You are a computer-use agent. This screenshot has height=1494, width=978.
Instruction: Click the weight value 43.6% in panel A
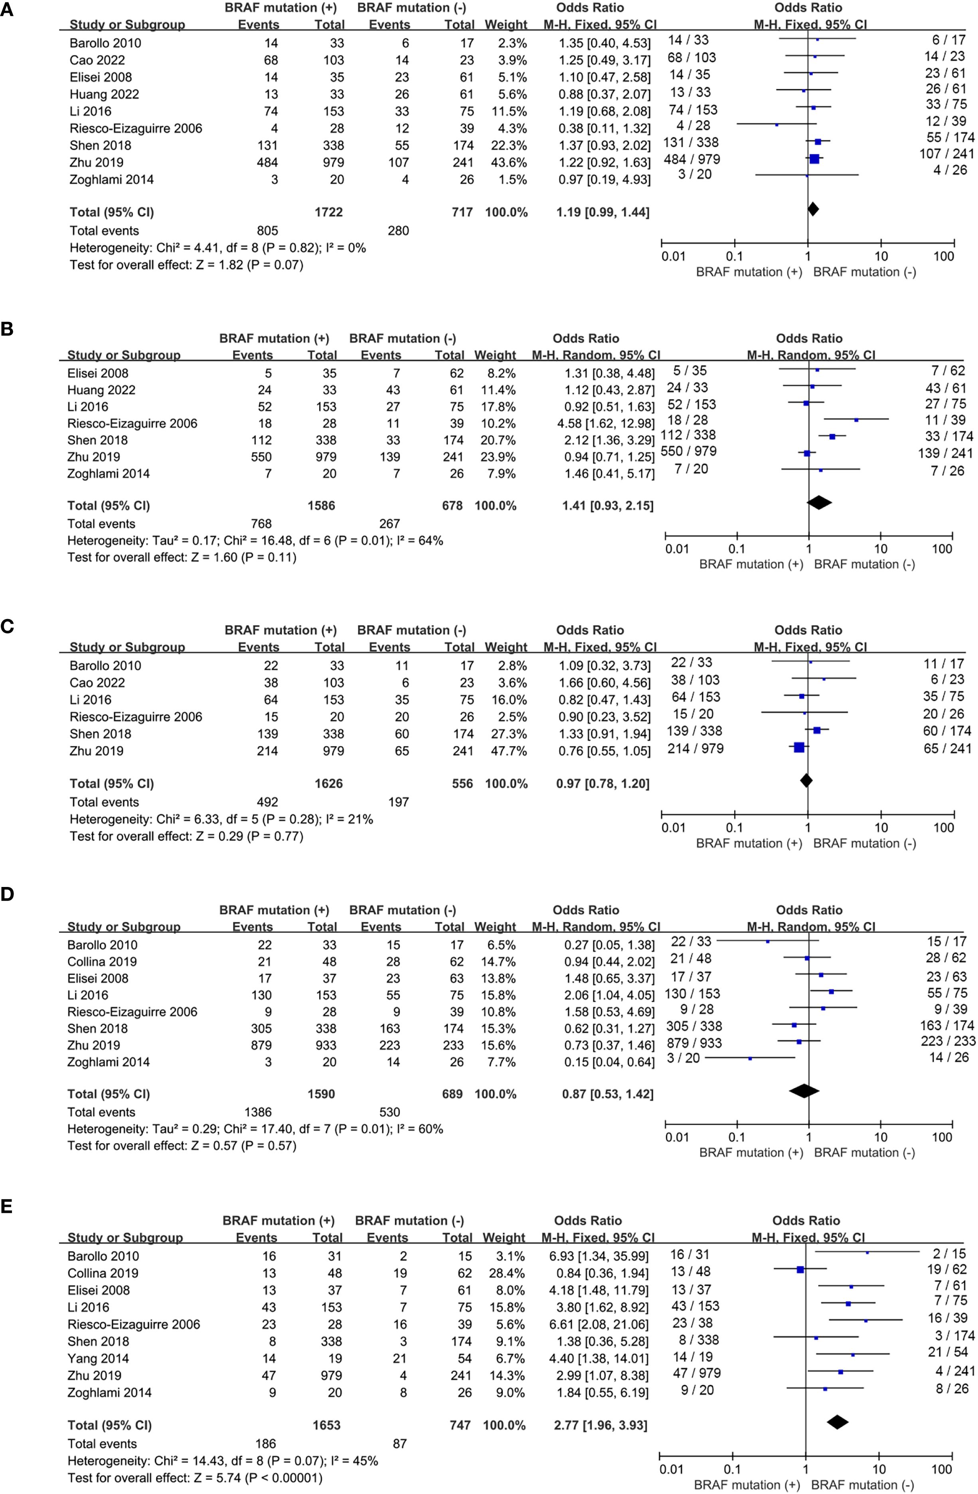(x=506, y=163)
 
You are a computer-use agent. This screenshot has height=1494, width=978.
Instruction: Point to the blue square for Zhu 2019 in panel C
(x=798, y=747)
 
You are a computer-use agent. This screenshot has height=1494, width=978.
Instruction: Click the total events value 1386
(x=257, y=1112)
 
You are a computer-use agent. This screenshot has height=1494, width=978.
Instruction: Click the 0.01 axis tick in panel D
(x=677, y=1137)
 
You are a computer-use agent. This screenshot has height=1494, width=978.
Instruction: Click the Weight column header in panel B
(x=494, y=355)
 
